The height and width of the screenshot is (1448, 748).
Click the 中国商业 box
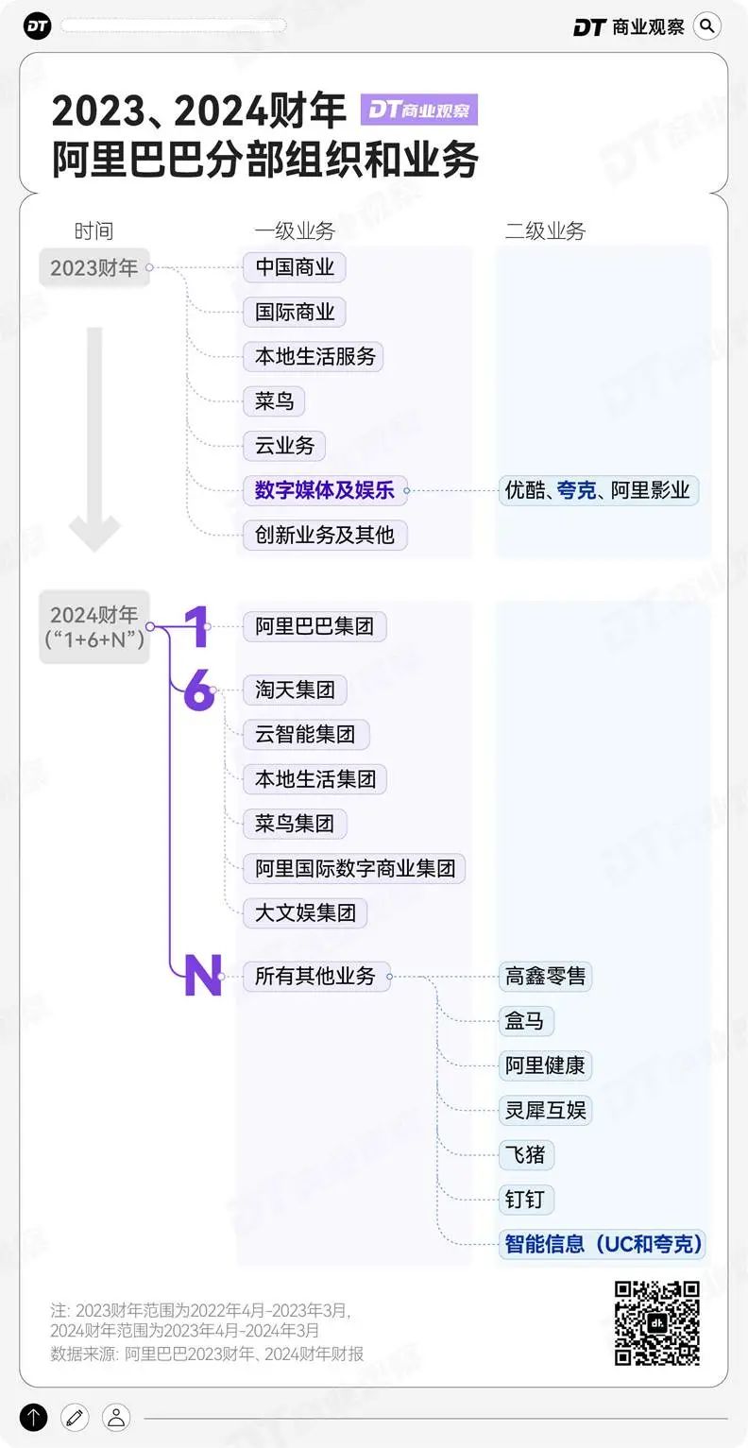pos(294,267)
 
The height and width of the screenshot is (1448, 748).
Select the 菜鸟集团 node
pos(294,824)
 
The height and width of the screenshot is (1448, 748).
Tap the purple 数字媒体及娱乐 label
pos(325,490)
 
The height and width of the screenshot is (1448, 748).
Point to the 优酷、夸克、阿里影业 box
pos(598,490)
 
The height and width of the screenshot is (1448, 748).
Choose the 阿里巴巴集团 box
pos(314,625)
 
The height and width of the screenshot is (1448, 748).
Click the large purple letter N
pos(203,975)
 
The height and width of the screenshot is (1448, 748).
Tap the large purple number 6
pos(198,690)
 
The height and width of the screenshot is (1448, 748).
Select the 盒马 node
pos(526,1021)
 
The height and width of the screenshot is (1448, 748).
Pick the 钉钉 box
pos(526,1200)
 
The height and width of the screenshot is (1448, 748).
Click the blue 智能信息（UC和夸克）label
pos(602,1244)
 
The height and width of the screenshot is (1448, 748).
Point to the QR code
pos(656,1323)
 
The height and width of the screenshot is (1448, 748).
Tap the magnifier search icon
pos(707,26)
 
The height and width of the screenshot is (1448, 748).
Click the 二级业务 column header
pos(545,230)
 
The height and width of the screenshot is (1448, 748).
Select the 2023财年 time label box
pos(94,267)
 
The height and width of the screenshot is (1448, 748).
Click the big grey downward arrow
pos(95,439)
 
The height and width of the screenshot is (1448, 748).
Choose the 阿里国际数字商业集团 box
pos(354,868)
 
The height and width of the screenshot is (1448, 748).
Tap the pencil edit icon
pos(75,1418)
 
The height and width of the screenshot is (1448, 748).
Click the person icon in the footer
pos(116,1418)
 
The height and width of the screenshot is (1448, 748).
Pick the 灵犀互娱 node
pos(545,1111)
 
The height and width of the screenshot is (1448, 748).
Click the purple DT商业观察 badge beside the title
pos(419,110)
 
